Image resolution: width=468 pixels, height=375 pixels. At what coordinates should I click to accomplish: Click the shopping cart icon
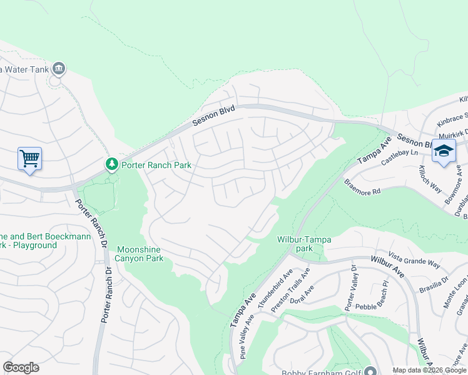29,158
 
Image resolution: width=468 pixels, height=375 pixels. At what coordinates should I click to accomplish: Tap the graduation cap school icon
444,151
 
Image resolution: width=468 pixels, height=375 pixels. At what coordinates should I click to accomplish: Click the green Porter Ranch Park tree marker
112,164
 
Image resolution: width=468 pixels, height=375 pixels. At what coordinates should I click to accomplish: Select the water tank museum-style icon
59,67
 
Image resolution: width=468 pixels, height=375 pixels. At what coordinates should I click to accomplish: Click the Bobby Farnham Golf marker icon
370,371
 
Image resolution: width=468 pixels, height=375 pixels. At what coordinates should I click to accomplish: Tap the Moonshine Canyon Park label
140,253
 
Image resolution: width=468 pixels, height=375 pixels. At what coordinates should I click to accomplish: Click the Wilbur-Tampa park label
304,244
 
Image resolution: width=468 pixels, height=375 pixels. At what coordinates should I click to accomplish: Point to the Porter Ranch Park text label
156,166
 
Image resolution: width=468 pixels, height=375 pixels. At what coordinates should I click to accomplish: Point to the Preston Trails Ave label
290,287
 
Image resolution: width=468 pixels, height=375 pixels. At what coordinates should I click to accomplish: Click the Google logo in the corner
21,367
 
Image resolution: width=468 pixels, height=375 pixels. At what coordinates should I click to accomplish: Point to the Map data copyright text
429,370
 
